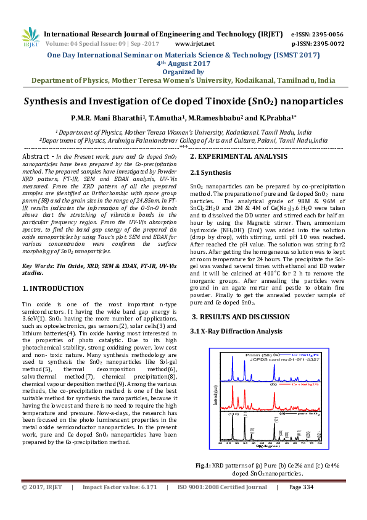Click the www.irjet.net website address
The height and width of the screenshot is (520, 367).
point(194,44)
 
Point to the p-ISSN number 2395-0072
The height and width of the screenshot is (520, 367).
point(328,44)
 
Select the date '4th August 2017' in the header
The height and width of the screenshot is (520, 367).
point(183,63)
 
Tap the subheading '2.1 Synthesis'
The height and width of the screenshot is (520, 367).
point(211,172)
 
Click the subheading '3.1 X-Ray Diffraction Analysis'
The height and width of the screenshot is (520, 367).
point(237,332)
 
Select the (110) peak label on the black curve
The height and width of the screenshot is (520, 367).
point(234,414)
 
